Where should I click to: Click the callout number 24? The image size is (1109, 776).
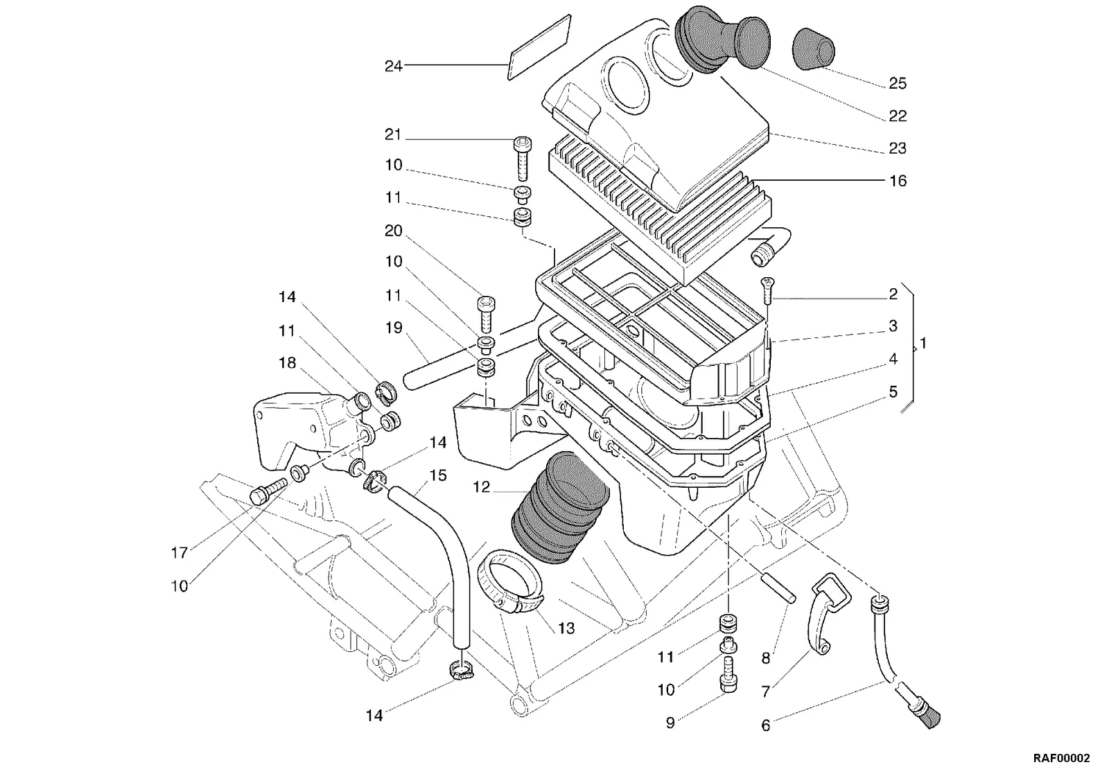coord(394,67)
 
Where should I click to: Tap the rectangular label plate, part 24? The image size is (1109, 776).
coord(539,47)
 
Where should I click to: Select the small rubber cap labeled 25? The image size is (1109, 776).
coord(814,48)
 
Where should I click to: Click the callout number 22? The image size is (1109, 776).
coord(898,116)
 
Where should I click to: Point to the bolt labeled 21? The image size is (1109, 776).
coord(523,159)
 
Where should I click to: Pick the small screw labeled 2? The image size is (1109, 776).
coord(767,290)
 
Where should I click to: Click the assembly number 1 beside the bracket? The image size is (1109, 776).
coord(923,343)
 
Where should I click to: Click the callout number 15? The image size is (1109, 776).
coord(437,475)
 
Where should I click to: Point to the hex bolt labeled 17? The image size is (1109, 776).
coord(268,491)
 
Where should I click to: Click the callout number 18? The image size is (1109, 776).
coord(287,363)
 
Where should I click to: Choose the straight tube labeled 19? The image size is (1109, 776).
coord(446,367)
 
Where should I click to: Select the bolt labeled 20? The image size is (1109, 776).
coord(486,315)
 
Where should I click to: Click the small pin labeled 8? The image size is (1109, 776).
coord(778,588)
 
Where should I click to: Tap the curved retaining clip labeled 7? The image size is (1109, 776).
coord(829,614)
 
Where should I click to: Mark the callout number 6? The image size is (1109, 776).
coord(765,725)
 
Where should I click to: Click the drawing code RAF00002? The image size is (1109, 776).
coord(1061,758)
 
